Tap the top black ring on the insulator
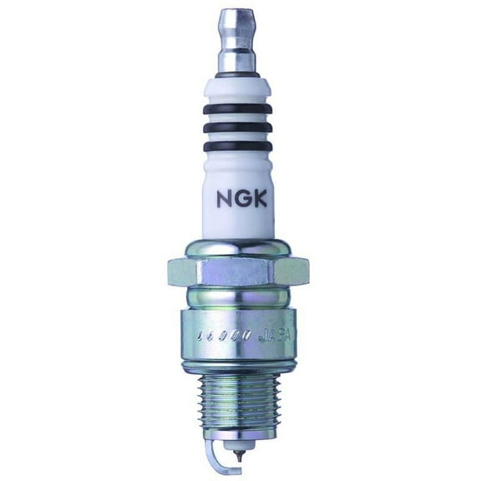tap(240, 110)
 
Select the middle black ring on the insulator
tap(240, 128)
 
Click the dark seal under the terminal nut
tap(240, 78)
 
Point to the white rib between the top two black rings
tap(240, 119)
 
